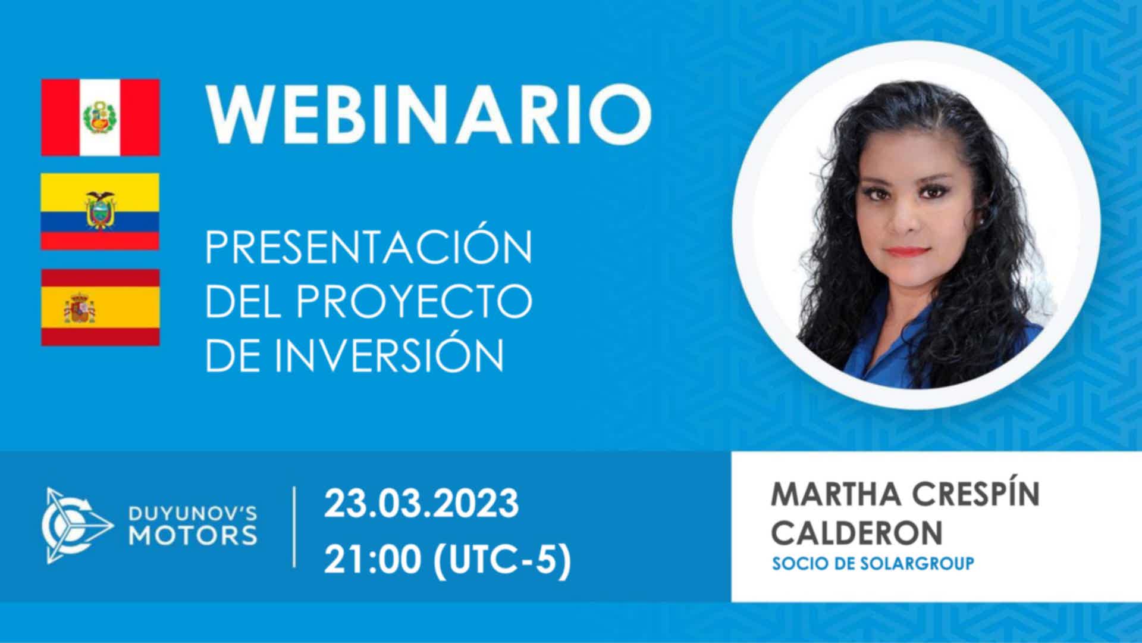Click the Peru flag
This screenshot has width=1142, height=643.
[100, 117]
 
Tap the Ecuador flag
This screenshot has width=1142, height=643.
[100, 211]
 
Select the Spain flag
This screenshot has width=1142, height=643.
[100, 307]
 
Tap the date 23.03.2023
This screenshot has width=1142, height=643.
[421, 504]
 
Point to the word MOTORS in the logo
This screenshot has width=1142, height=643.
[194, 535]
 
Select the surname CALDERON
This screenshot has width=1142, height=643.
[857, 532]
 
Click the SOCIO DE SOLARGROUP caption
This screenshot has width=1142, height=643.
[873, 563]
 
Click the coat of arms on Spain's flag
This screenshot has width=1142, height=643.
[80, 307]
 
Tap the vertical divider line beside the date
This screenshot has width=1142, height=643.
[294, 526]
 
